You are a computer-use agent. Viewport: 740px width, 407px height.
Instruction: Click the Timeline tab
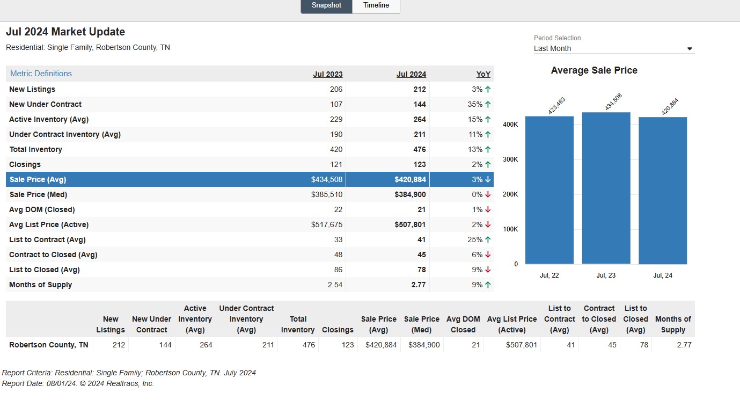click(376, 5)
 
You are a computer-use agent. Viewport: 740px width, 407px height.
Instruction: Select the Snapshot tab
click(326, 5)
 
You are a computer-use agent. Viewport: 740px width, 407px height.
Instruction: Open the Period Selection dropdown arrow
click(690, 49)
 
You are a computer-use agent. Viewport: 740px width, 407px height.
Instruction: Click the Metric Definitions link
click(41, 74)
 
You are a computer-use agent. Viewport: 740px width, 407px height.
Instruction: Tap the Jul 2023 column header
click(328, 74)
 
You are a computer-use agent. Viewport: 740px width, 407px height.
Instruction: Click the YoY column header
click(483, 74)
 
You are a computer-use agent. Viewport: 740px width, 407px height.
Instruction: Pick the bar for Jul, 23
click(606, 188)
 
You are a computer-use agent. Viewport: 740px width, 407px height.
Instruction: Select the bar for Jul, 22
click(549, 190)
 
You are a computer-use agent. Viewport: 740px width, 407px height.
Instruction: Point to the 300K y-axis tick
click(510, 159)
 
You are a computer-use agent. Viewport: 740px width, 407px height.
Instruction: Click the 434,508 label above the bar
click(613, 101)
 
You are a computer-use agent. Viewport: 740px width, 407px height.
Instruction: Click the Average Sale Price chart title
click(594, 70)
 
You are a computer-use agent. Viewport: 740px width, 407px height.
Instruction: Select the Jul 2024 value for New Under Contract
click(420, 104)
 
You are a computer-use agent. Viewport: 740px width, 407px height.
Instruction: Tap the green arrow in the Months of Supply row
click(488, 285)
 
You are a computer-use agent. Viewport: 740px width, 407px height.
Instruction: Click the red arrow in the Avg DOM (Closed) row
click(488, 209)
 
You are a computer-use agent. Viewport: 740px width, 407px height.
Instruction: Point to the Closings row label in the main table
click(25, 164)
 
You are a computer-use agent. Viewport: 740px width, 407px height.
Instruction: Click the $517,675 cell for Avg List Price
click(326, 224)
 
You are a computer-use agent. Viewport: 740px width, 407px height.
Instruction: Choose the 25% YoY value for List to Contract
click(475, 239)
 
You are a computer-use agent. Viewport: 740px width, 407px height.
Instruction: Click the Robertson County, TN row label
click(48, 345)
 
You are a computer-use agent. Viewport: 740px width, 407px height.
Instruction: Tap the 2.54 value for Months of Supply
click(335, 285)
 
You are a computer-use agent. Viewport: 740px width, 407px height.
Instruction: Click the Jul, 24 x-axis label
click(662, 275)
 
